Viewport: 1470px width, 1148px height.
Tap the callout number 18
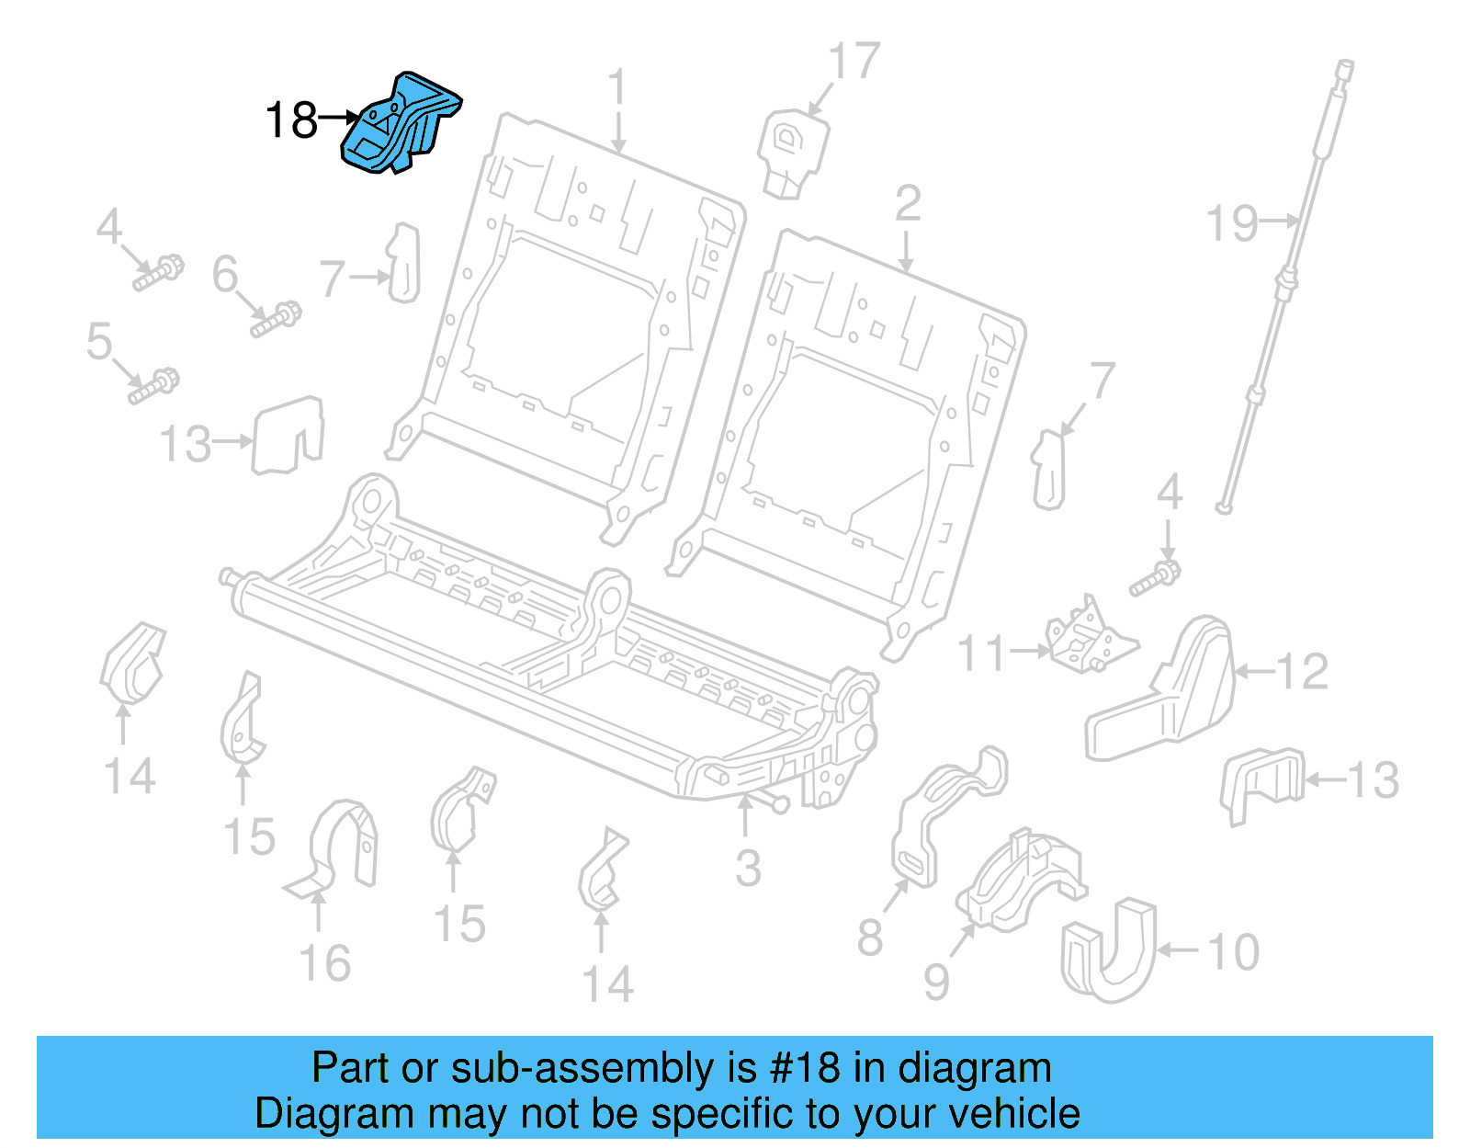click(x=291, y=120)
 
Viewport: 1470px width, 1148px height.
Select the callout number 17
click(x=854, y=63)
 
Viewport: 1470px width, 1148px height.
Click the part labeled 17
click(x=792, y=152)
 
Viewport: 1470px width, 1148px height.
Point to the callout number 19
click(x=1232, y=223)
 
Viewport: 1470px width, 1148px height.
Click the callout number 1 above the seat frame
click(x=617, y=88)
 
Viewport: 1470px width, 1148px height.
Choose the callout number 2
click(x=907, y=204)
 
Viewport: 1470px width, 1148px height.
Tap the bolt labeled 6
click(x=276, y=318)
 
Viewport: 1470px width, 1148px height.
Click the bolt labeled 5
click(x=153, y=386)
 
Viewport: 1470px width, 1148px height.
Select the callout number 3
click(x=748, y=869)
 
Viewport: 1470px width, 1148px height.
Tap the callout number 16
click(x=325, y=963)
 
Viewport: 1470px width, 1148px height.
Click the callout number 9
click(x=936, y=982)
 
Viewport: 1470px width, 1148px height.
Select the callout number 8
click(x=869, y=938)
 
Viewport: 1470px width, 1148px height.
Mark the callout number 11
click(x=982, y=654)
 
